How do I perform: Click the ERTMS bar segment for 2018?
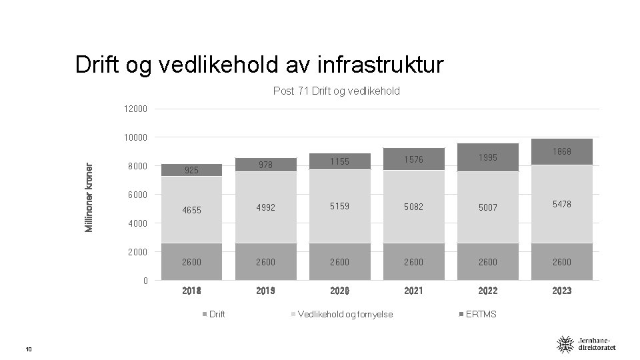[191, 170]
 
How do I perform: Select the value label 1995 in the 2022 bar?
[488, 157]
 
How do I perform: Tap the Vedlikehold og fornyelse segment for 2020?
[339, 206]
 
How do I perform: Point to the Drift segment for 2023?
[561, 261]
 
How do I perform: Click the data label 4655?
[191, 210]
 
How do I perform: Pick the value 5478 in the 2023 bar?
[561, 204]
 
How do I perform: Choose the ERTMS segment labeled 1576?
[413, 159]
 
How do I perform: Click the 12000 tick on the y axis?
[135, 109]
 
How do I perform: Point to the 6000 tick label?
[137, 195]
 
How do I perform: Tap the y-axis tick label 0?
[145, 281]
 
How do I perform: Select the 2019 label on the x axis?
[265, 291]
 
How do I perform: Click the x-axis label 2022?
[488, 291]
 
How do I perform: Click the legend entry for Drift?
[213, 314]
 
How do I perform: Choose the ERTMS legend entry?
[477, 314]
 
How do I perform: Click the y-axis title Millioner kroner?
[89, 197]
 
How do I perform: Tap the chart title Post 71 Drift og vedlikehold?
[336, 91]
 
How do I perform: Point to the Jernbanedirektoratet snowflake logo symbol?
[565, 345]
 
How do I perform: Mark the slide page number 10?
[29, 349]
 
